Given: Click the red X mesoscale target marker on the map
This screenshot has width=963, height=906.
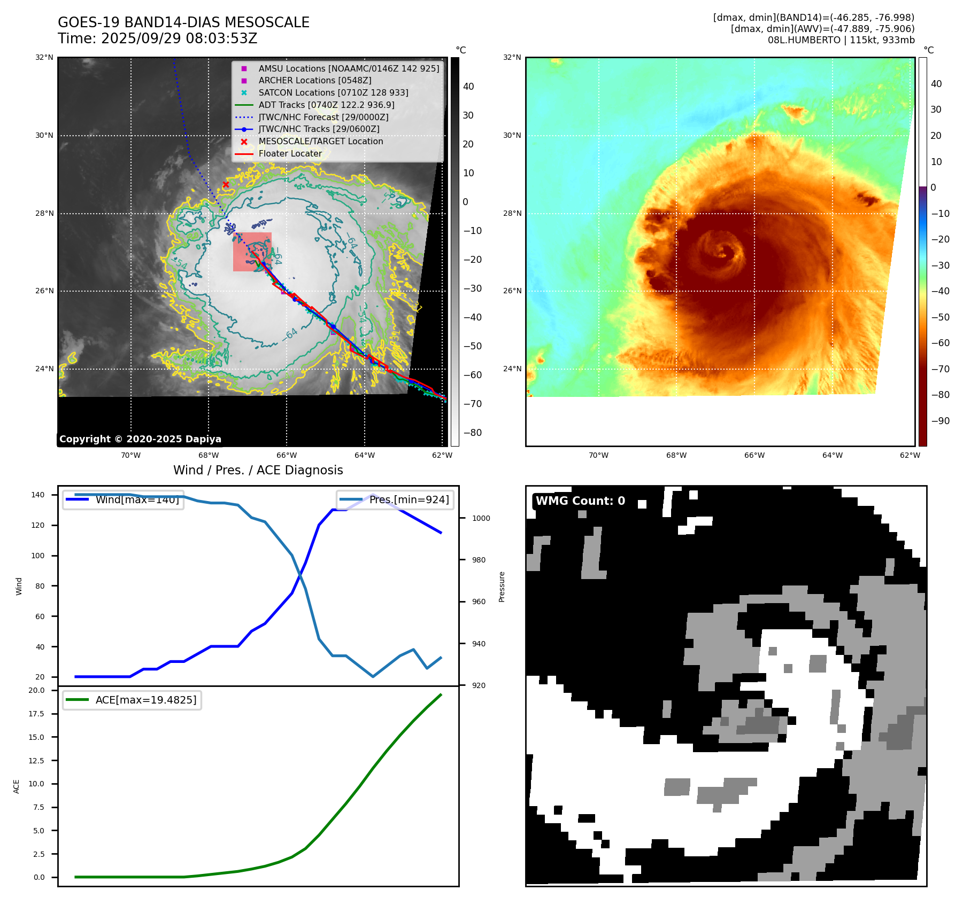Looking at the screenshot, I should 226,185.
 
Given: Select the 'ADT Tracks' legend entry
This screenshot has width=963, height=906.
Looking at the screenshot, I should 326,105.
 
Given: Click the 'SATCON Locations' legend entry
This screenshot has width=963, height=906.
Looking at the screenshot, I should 333,93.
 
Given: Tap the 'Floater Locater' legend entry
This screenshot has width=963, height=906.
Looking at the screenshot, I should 290,154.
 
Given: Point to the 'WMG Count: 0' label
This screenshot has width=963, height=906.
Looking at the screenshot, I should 580,501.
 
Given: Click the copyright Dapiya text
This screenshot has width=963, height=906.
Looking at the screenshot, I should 140,439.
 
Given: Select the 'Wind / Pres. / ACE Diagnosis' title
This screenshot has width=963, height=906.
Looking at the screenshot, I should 258,470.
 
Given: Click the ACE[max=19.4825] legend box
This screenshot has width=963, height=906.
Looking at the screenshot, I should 132,700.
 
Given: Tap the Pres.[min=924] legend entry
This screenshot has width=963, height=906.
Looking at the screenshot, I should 395,499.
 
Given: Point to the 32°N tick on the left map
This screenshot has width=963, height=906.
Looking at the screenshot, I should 44,58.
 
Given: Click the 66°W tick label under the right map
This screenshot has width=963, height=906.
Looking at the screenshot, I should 754,456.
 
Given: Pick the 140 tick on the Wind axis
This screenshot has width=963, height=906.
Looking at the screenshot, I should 38,495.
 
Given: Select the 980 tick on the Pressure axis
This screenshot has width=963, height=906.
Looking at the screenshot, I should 479,560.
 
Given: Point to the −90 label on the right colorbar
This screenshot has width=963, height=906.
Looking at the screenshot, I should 940,421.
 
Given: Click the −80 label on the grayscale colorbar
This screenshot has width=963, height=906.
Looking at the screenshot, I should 472,433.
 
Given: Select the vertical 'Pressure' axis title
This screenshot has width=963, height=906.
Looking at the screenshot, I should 502,587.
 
